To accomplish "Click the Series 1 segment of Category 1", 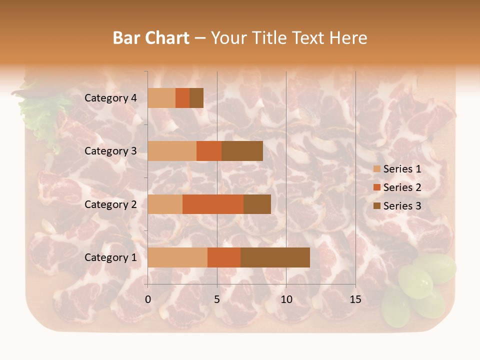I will [177, 257].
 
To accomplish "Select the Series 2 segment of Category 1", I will [224, 257].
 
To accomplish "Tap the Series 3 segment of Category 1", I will [275, 257].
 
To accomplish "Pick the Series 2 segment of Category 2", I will [213, 204].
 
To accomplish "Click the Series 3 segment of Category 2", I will [257, 204].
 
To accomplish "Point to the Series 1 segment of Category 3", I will [172, 151].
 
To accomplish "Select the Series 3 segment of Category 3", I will [242, 151].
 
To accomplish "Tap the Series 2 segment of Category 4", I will [182, 98].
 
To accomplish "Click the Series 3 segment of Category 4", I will [196, 98].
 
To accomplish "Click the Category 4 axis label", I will [110, 98].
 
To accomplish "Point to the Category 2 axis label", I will [110, 204].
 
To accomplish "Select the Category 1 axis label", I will [110, 257].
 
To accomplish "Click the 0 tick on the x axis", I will [148, 299].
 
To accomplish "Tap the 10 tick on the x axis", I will [286, 299].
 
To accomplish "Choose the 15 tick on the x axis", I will [355, 299].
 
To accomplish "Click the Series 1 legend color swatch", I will [377, 169].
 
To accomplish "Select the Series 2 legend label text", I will [402, 187].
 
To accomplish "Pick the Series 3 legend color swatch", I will [377, 206].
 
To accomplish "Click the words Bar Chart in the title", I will [151, 38].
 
